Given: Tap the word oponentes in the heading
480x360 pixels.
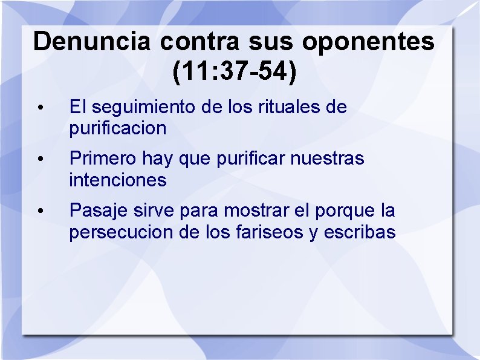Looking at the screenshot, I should [x=368, y=42].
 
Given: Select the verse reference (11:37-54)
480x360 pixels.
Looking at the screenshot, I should [x=235, y=71].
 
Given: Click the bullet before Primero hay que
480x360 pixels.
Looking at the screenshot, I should [x=39, y=160].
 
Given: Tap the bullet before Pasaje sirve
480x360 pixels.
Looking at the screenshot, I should [x=39, y=211].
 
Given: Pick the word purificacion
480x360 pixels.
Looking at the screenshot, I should [x=117, y=128].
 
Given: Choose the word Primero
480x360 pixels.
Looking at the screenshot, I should [x=103, y=159].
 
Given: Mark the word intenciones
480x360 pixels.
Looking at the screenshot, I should [x=117, y=180].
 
